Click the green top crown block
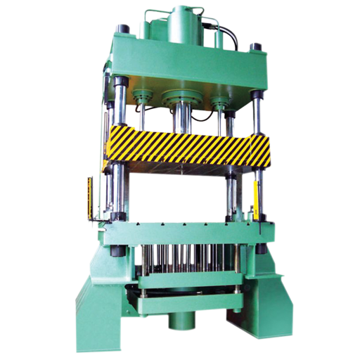pos(186,67)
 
